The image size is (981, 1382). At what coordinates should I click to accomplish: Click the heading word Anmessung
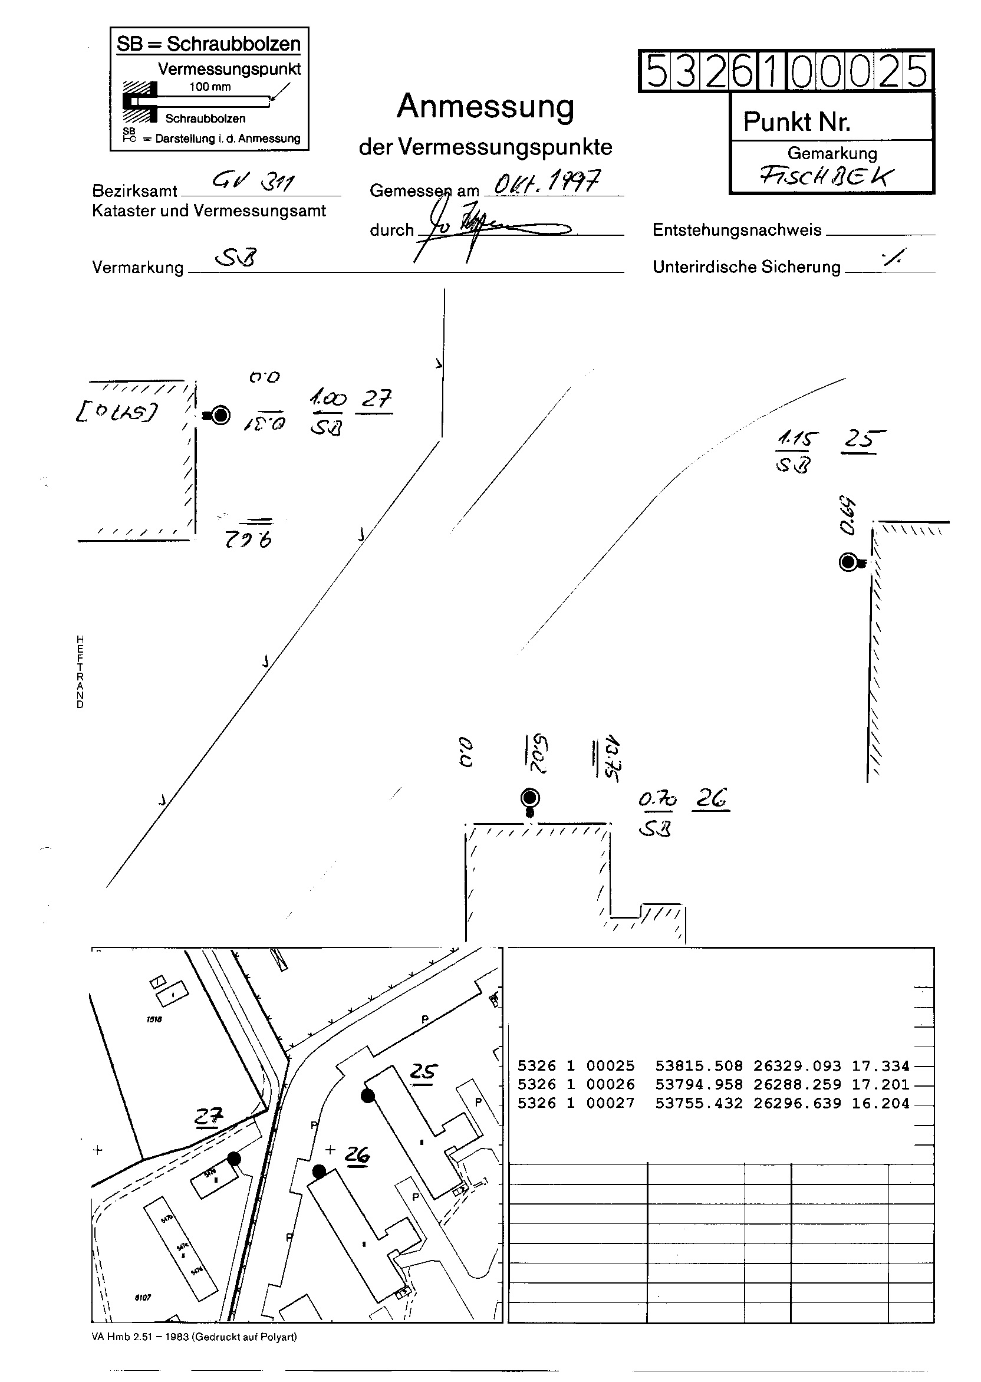click(485, 107)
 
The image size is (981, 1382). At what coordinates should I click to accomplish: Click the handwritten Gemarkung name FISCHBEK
click(826, 177)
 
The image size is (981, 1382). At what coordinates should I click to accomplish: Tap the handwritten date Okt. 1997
click(547, 181)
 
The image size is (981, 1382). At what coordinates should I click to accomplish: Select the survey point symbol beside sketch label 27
click(220, 415)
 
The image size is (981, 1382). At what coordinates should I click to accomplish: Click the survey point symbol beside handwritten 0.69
click(849, 562)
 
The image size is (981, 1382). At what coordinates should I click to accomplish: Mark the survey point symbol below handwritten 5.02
click(530, 798)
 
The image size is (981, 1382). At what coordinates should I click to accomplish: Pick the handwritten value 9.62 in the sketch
click(248, 538)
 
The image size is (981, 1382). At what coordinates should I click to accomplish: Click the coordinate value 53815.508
click(698, 1066)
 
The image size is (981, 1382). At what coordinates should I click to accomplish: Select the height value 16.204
click(880, 1104)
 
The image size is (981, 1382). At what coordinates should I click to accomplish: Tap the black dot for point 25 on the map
click(367, 1095)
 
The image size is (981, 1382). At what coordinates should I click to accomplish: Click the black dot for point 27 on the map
click(234, 1158)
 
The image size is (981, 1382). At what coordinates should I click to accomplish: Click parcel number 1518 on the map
click(154, 1019)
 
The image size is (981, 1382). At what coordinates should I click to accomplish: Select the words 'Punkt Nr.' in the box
click(796, 122)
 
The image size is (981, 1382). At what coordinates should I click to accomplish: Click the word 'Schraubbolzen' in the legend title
click(233, 44)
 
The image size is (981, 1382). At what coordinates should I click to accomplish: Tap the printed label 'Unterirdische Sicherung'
click(746, 267)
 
